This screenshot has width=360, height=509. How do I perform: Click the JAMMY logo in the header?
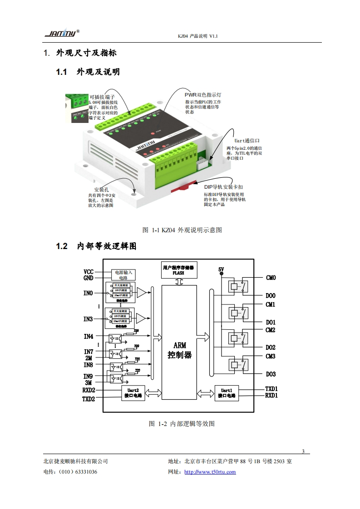pyautogui.click(x=62, y=34)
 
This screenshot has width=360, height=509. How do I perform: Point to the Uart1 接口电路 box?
pyautogui.click(x=227, y=392)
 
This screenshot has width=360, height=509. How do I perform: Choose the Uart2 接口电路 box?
pyautogui.click(x=133, y=392)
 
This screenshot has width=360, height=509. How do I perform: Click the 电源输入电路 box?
pyautogui.click(x=123, y=275)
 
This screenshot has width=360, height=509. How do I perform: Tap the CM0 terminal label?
pyautogui.click(x=271, y=278)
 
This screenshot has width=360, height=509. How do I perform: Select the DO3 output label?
pyautogui.click(x=271, y=374)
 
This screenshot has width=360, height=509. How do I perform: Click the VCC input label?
pyautogui.click(x=89, y=271)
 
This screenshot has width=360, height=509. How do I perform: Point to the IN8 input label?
pyautogui.click(x=88, y=365)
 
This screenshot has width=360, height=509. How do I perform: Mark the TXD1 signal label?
pyautogui.click(x=271, y=389)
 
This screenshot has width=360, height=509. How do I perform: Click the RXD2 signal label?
pyautogui.click(x=89, y=390)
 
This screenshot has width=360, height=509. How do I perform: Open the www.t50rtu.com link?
pyautogui.click(x=210, y=472)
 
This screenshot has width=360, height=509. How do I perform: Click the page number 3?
pyautogui.click(x=303, y=451)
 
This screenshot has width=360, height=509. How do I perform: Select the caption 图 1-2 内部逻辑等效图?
pyautogui.click(x=182, y=424)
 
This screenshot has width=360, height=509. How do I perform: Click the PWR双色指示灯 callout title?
pyautogui.click(x=202, y=95)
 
